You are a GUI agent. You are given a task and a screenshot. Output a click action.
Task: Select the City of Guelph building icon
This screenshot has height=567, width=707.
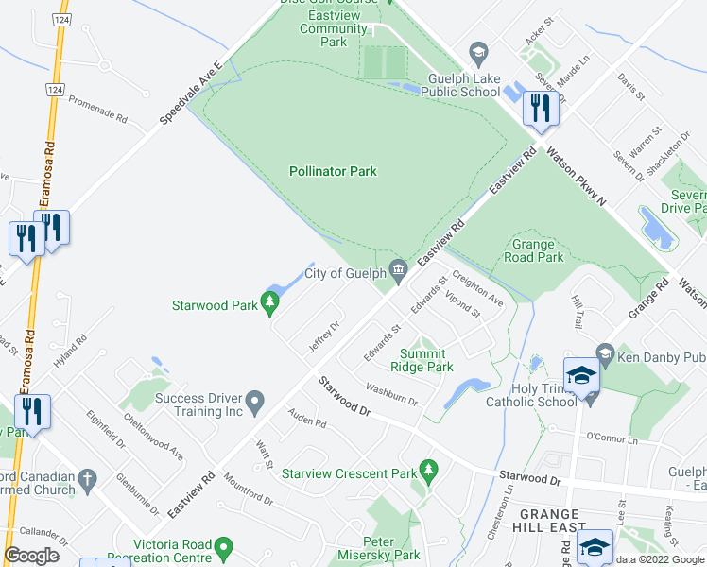coord(399,273)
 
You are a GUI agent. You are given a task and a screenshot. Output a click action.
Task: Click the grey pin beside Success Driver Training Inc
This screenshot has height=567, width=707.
coord(254,404)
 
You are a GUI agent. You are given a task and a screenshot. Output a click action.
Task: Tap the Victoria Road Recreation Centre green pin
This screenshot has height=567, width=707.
coord(224,547)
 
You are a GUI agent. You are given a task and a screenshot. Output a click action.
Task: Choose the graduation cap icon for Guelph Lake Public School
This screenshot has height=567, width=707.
coord(478,51)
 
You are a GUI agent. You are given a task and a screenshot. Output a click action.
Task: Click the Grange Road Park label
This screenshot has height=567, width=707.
coord(537,250)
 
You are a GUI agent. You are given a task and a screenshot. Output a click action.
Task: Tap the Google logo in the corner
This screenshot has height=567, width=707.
coord(31,556)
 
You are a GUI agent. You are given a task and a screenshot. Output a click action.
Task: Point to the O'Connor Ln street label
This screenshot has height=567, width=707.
coord(612,439)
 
